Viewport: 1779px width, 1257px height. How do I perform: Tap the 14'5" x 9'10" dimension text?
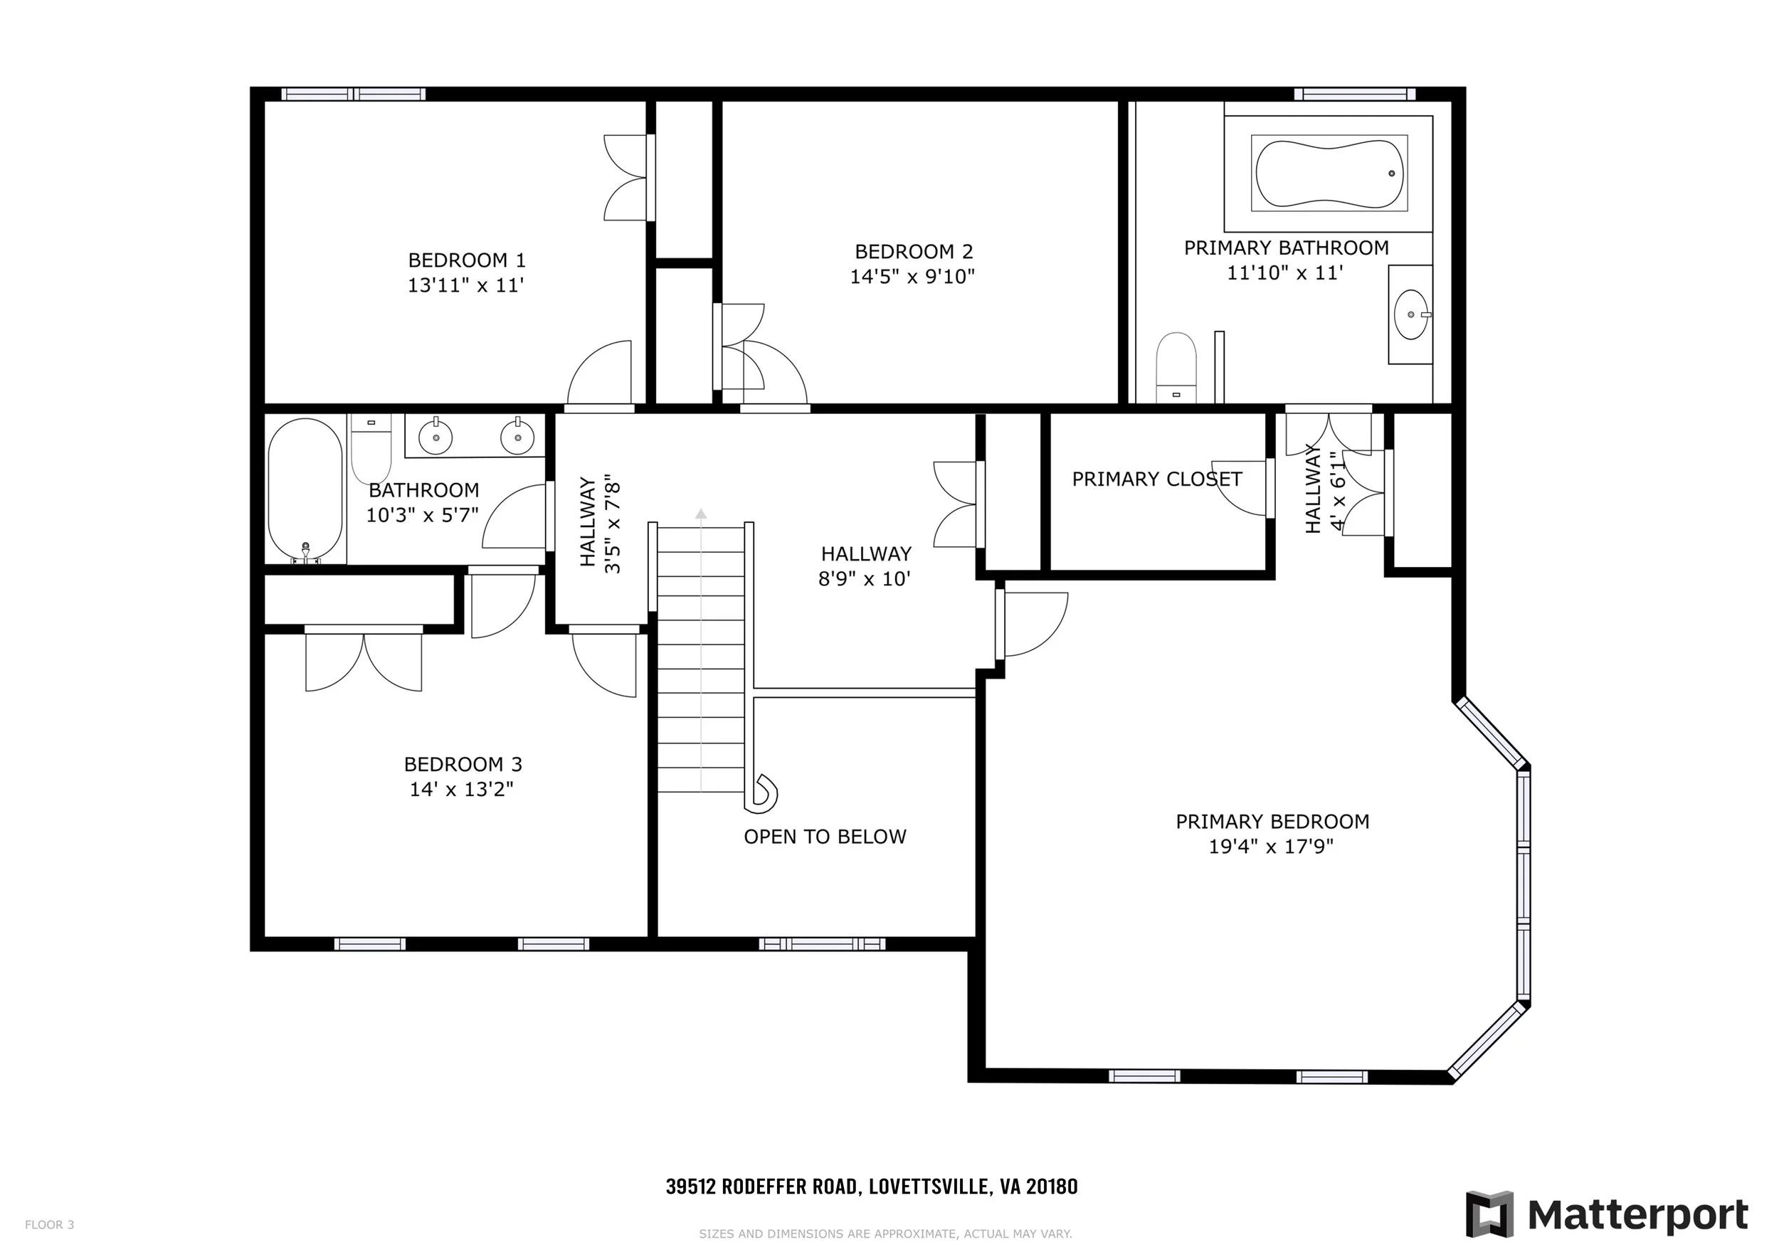tap(912, 277)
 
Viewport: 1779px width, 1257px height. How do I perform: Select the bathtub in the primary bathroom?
tap(1329, 174)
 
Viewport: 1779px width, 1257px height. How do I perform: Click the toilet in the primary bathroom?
tap(1176, 368)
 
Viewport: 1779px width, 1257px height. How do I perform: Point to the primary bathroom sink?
tap(1411, 315)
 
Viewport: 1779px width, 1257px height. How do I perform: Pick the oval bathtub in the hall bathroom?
tap(305, 490)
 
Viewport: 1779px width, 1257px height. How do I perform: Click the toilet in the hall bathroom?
tap(371, 449)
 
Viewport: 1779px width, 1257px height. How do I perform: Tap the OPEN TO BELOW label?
tap(825, 837)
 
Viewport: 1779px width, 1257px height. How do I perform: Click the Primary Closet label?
tap(1157, 479)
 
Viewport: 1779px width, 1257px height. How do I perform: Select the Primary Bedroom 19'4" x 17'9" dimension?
tap(1271, 847)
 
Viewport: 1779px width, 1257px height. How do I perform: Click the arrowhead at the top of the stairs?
tap(700, 513)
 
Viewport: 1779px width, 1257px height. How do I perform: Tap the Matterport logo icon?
tap(1489, 1214)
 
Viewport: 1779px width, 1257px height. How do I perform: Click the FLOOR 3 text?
tap(50, 1224)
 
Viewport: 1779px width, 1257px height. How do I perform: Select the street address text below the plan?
tap(872, 1187)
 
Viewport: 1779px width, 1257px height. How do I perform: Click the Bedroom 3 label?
tap(463, 765)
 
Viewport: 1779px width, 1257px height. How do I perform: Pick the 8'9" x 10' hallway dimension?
tap(865, 578)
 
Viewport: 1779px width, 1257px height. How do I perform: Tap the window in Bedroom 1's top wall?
tap(354, 95)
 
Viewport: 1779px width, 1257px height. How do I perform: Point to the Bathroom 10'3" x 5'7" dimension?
tap(422, 515)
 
